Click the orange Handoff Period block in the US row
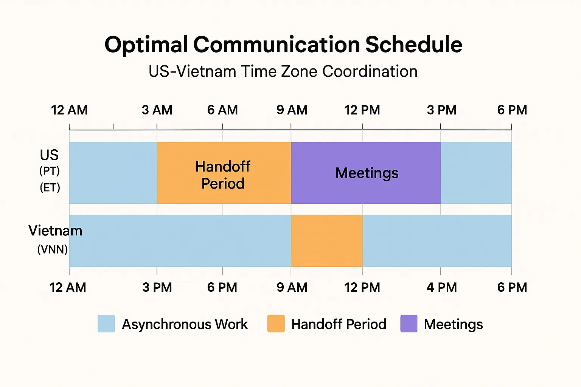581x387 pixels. (224, 173)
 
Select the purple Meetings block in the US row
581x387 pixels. (366, 173)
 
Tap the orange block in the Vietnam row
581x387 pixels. (327, 240)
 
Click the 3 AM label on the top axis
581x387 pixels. (157, 110)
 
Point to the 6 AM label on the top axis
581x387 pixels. (222, 110)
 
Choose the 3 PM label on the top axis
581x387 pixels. (442, 110)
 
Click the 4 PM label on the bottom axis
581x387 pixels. (442, 288)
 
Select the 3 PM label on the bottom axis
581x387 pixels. (157, 288)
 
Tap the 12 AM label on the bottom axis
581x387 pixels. (68, 288)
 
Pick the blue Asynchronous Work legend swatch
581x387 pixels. (106, 324)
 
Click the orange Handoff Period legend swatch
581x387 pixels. (276, 324)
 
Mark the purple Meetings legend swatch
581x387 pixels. (409, 324)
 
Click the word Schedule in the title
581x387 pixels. (414, 45)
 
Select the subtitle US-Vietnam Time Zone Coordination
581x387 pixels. (283, 71)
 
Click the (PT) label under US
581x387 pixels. (50, 171)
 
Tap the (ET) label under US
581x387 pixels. (50, 187)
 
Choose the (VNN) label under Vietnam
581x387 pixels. (53, 249)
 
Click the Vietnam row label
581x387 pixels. (55, 231)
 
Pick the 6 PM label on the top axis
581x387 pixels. (512, 110)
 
